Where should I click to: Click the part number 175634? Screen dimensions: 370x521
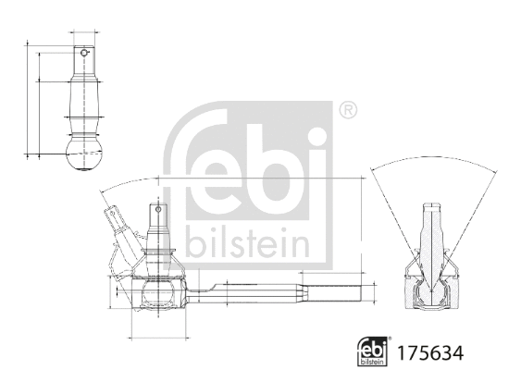pos(429,351)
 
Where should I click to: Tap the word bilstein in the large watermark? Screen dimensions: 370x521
pos(246,242)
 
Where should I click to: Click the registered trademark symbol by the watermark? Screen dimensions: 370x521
pos(348,110)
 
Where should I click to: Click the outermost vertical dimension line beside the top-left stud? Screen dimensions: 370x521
pos(28,97)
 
